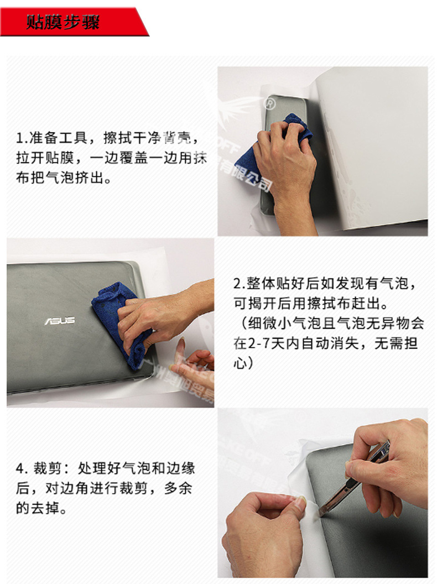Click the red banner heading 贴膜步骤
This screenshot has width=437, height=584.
[64, 23]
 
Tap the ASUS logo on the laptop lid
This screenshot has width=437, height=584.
[59, 321]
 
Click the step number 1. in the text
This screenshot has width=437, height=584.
[21, 137]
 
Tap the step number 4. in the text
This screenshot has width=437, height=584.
[22, 469]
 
